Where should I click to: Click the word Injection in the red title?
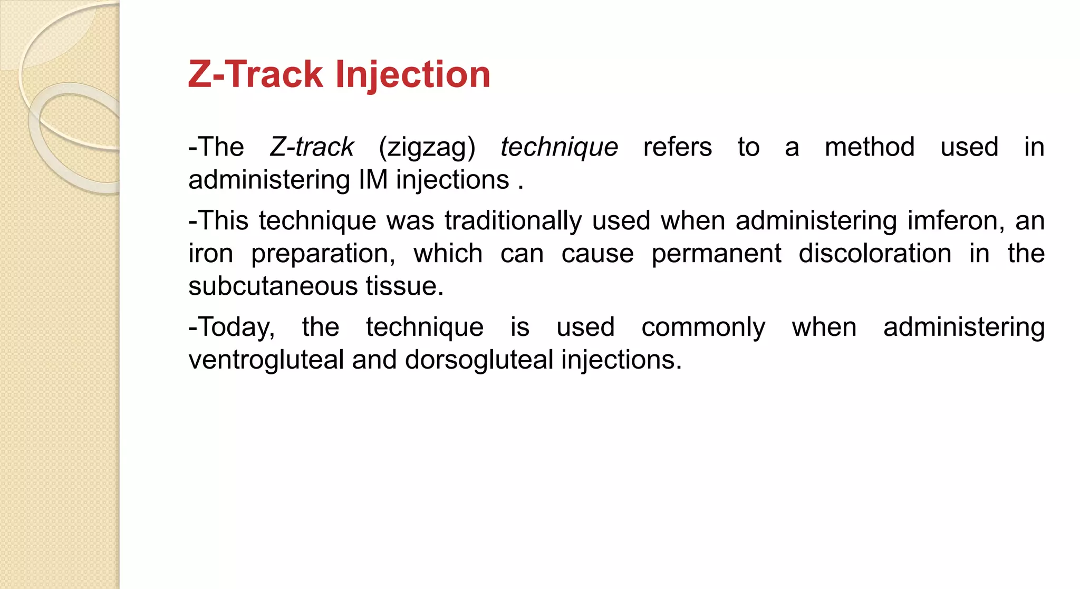(413, 74)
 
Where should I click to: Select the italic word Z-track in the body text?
(312, 147)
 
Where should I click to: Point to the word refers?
(677, 147)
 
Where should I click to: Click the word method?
(869, 147)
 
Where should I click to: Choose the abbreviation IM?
(373, 180)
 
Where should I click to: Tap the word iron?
(210, 254)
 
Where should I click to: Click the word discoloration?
(874, 254)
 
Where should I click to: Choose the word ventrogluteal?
(266, 360)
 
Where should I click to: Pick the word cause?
(597, 254)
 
